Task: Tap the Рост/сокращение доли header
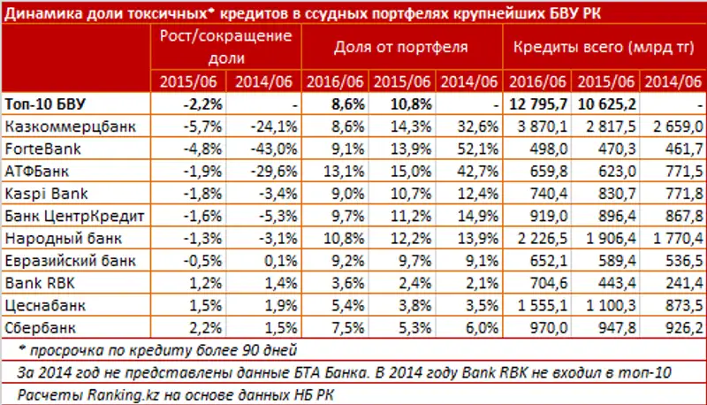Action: pyautogui.click(x=224, y=46)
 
